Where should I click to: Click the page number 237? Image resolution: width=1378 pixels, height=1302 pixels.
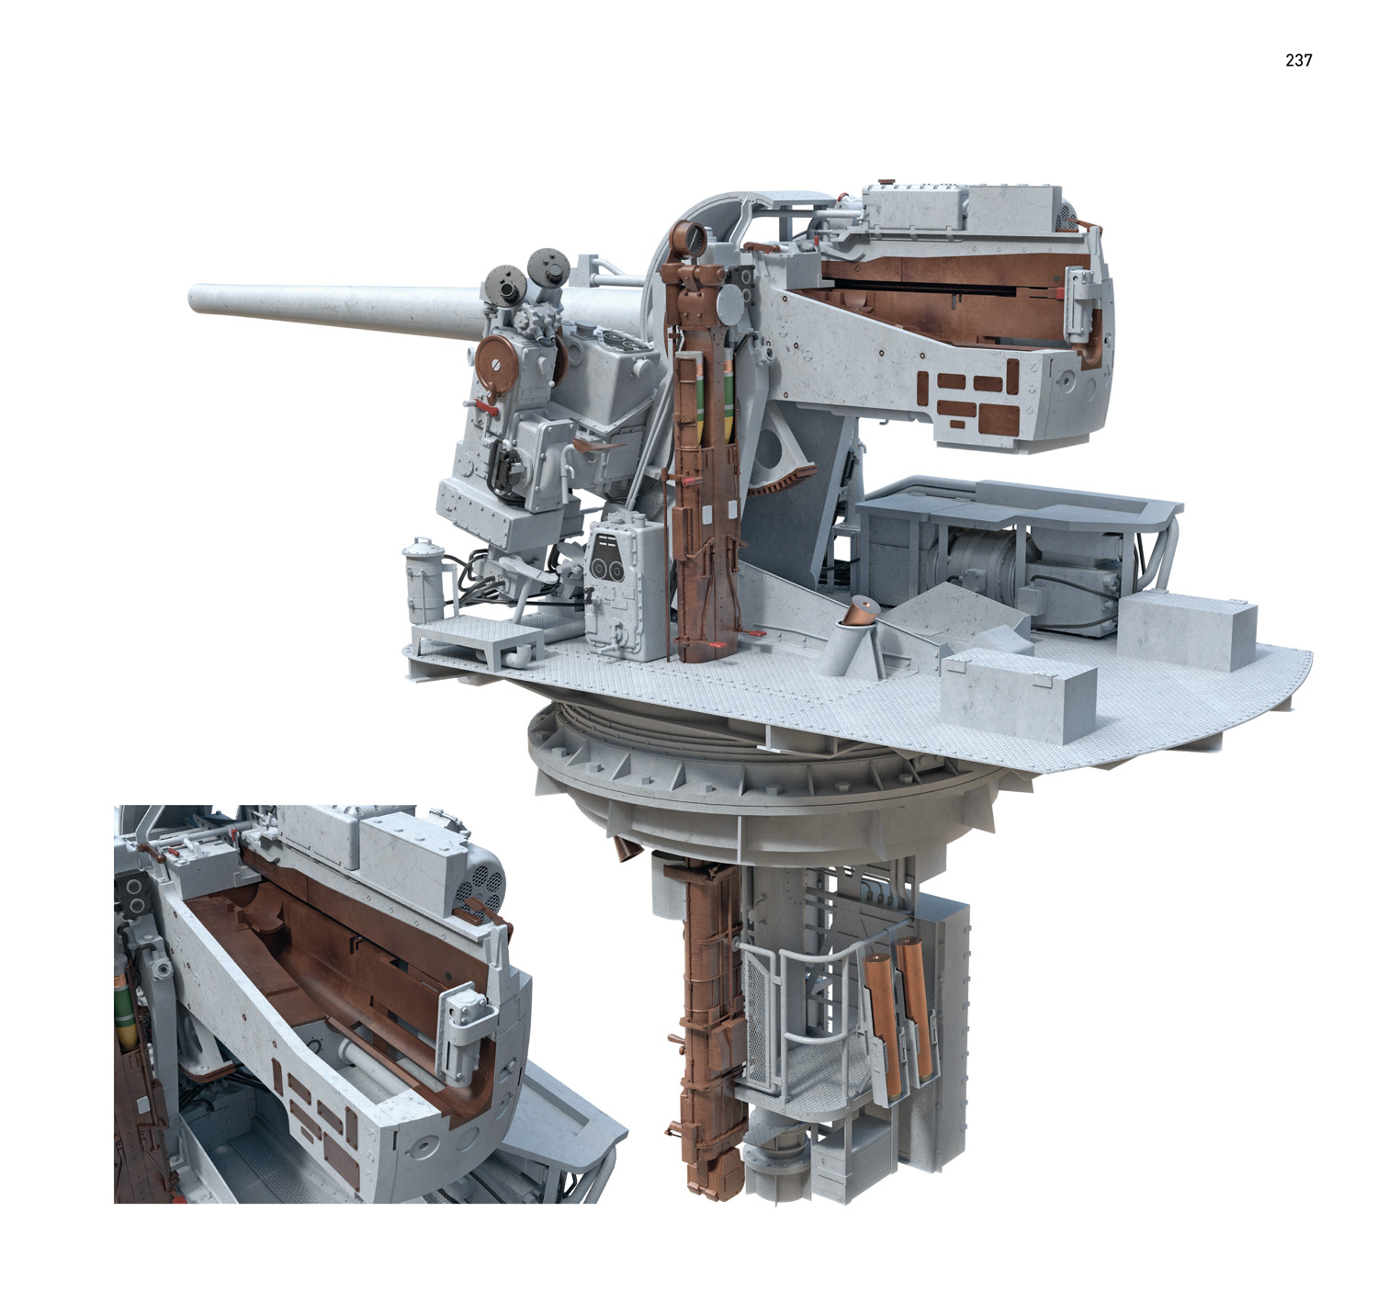point(1298,61)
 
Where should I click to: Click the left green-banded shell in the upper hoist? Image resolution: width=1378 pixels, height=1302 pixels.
point(702,403)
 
